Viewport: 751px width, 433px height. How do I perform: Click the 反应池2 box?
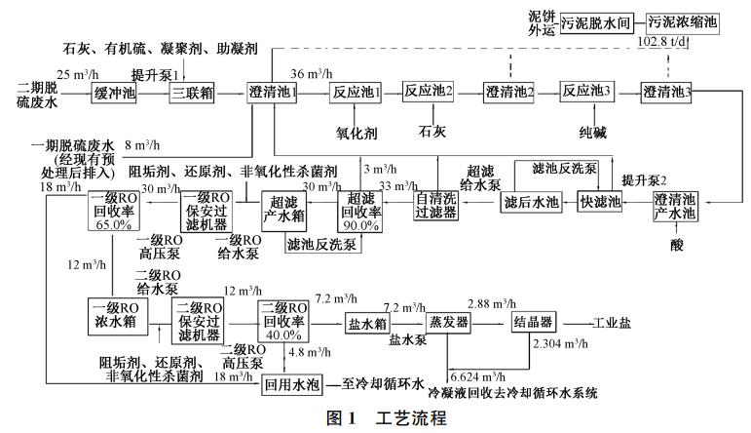[x=430, y=93]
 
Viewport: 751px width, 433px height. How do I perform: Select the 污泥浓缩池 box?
[x=683, y=20]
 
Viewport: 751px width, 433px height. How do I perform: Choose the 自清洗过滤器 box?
[x=434, y=203]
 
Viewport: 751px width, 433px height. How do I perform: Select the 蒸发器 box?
[x=449, y=322]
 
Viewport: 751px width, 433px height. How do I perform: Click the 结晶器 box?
[x=533, y=322]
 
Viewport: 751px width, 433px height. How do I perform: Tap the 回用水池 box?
[x=291, y=384]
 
